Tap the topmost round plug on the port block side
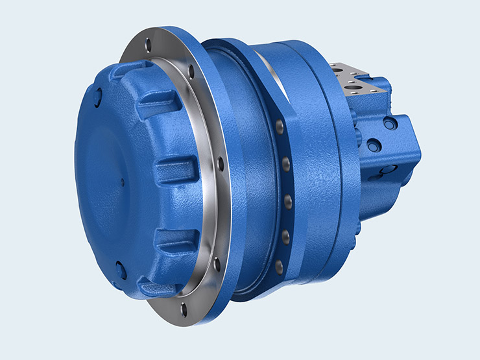389,123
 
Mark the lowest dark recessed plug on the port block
388,169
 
